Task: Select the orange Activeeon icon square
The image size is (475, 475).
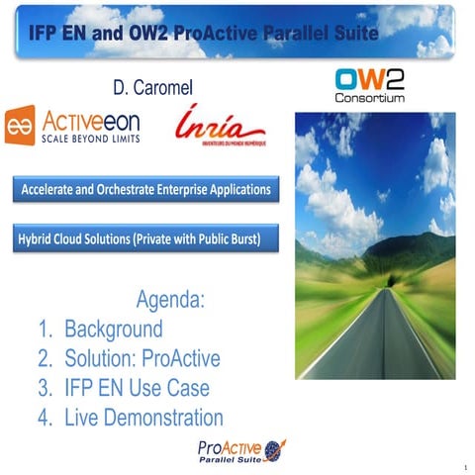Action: [x=20, y=126]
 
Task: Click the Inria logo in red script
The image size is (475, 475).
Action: [x=221, y=126]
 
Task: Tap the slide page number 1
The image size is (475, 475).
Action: [x=464, y=465]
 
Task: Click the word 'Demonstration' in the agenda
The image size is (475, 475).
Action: [x=161, y=418]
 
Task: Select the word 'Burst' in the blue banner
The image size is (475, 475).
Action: [x=242, y=238]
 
